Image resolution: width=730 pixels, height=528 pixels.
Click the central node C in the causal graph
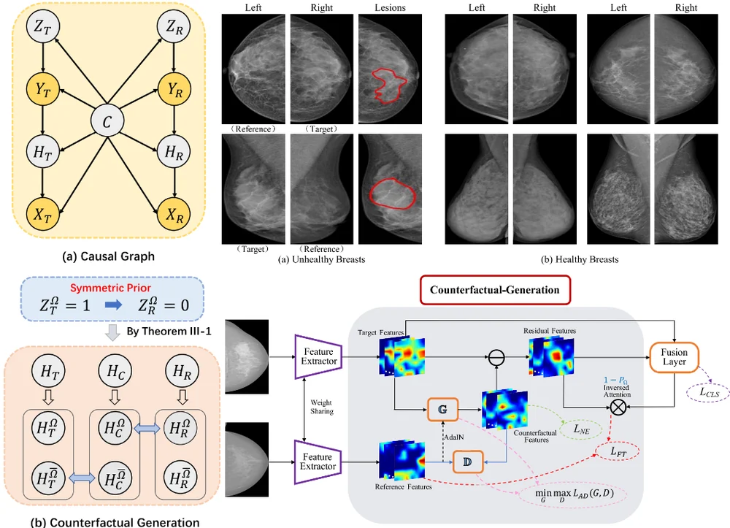pyautogui.click(x=107, y=121)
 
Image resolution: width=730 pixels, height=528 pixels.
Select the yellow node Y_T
pyautogui.click(x=43, y=89)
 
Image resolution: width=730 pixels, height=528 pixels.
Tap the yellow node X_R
pyautogui.click(x=174, y=215)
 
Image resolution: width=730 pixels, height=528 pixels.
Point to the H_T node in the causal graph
pyautogui.click(x=43, y=152)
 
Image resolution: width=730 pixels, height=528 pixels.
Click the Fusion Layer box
pyautogui.click(x=674, y=358)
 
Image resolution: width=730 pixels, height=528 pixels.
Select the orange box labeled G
pyautogui.click(x=443, y=409)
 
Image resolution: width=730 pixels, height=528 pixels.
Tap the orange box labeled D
pyautogui.click(x=468, y=462)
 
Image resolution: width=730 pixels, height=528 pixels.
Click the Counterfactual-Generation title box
pyautogui.click(x=495, y=290)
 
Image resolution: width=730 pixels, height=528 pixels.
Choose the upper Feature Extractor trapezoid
pyautogui.click(x=318, y=356)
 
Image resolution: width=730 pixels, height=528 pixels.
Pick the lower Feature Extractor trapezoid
pyautogui.click(x=318, y=462)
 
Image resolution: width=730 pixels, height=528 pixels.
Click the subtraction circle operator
pyautogui.click(x=496, y=357)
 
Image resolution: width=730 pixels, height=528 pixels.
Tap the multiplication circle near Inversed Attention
pyautogui.click(x=618, y=408)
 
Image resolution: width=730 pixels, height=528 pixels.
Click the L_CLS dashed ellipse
pyautogui.click(x=709, y=392)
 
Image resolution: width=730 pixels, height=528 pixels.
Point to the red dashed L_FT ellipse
pyautogui.click(x=618, y=451)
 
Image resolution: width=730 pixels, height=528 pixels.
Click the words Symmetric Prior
pyautogui.click(x=111, y=288)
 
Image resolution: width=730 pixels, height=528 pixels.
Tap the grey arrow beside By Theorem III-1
pyautogui.click(x=112, y=332)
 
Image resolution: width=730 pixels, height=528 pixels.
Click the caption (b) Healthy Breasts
pyautogui.click(x=580, y=259)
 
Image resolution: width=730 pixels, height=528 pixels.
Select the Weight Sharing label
pyautogui.click(x=322, y=407)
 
